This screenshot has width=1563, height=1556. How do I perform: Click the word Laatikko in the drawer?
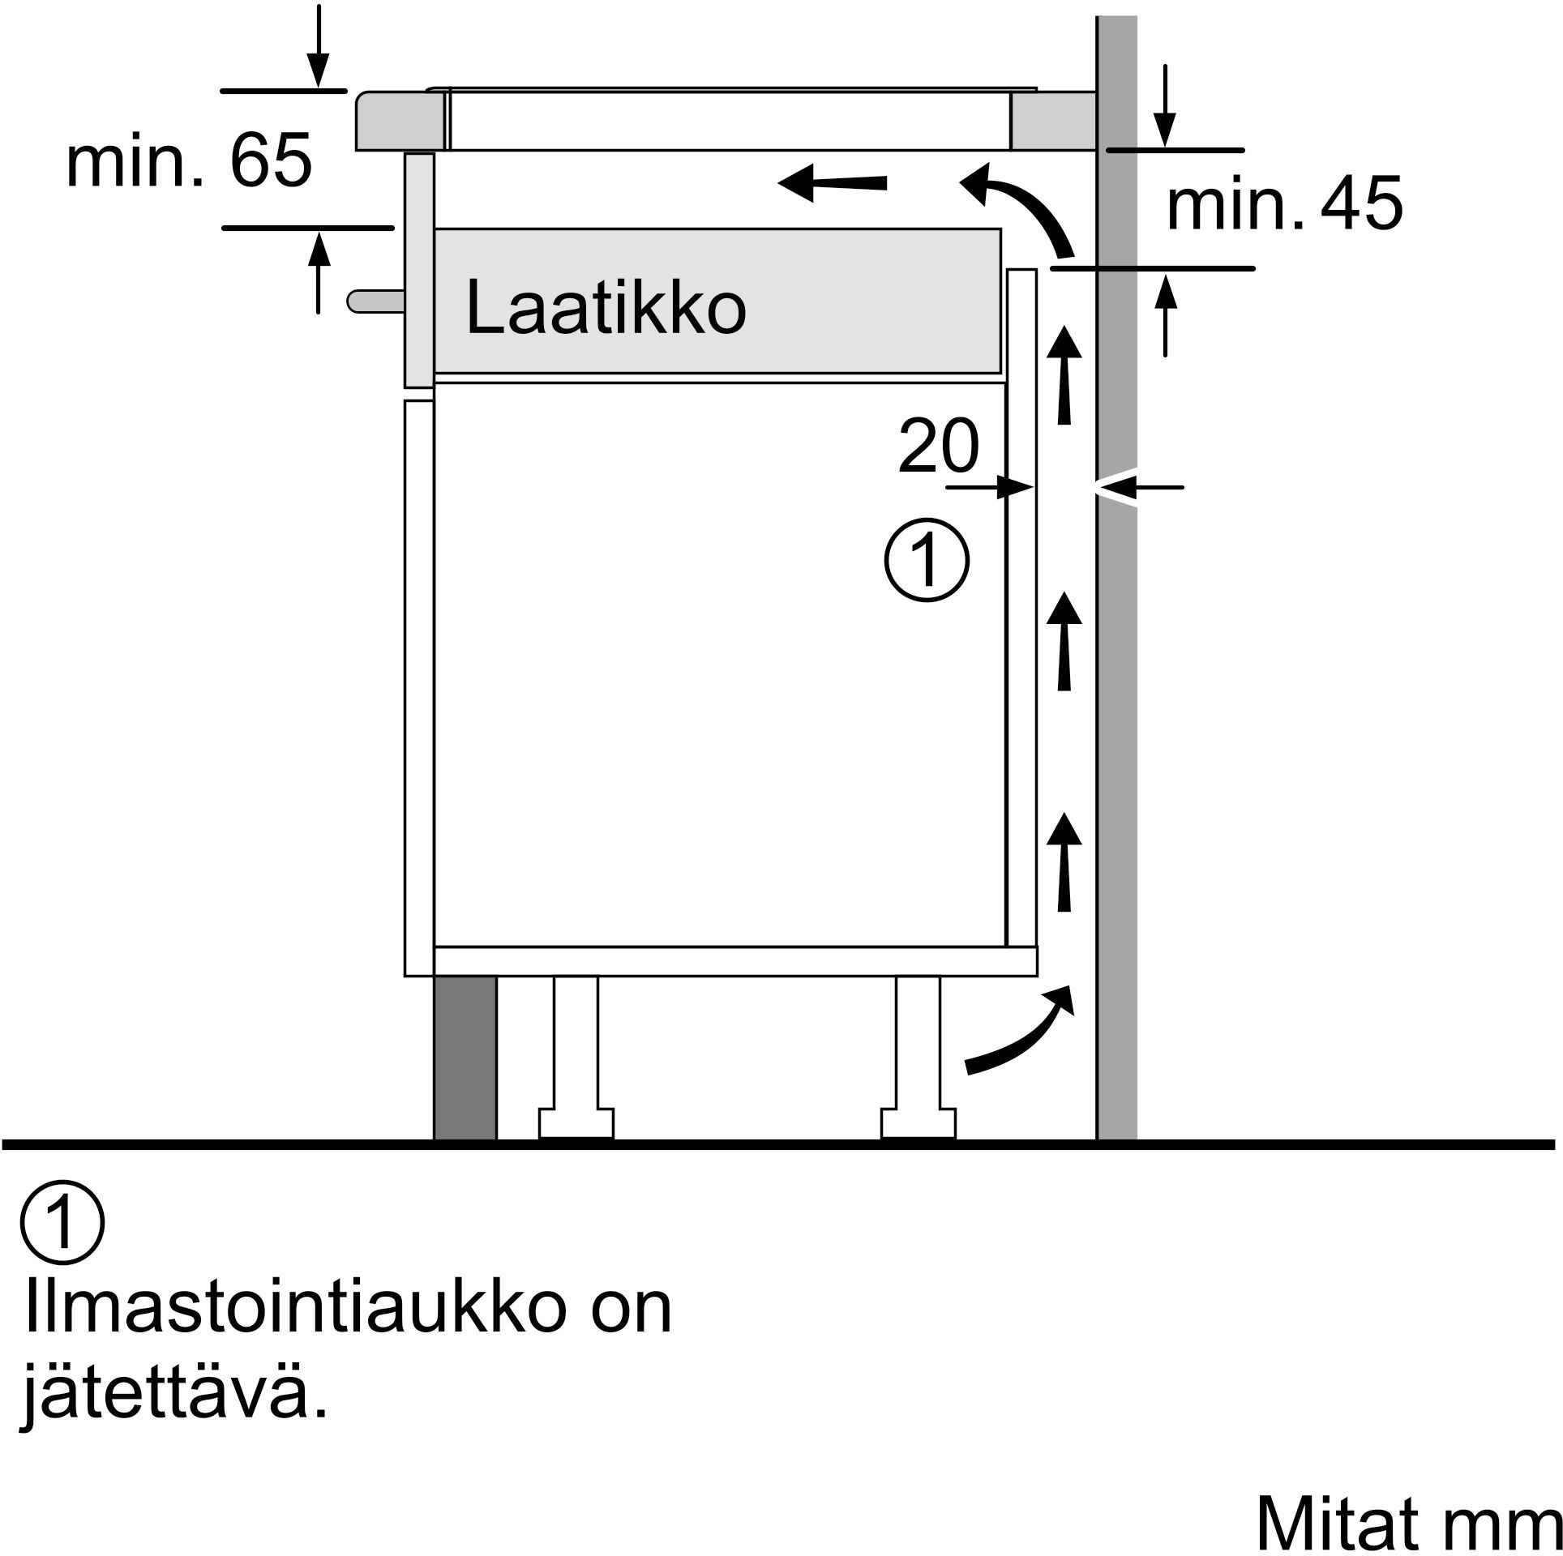(x=606, y=307)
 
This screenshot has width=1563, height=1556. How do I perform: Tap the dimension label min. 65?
(x=189, y=160)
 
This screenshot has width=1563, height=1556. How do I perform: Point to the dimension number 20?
(x=938, y=445)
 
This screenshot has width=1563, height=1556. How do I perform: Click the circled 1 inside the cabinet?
(x=926, y=560)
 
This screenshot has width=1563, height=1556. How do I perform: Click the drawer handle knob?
(x=375, y=301)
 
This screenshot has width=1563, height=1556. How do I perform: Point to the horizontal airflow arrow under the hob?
(x=832, y=183)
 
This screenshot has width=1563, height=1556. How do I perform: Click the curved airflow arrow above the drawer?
(x=1017, y=211)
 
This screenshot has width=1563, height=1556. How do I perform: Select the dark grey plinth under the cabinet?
(x=465, y=1058)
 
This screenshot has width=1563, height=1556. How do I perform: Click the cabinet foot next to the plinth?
(x=576, y=1057)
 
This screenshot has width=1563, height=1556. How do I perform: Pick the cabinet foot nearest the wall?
(x=919, y=1057)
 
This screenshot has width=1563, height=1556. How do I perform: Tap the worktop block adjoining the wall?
(x=1053, y=121)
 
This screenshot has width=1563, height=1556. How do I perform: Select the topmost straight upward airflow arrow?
(x=1064, y=374)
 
